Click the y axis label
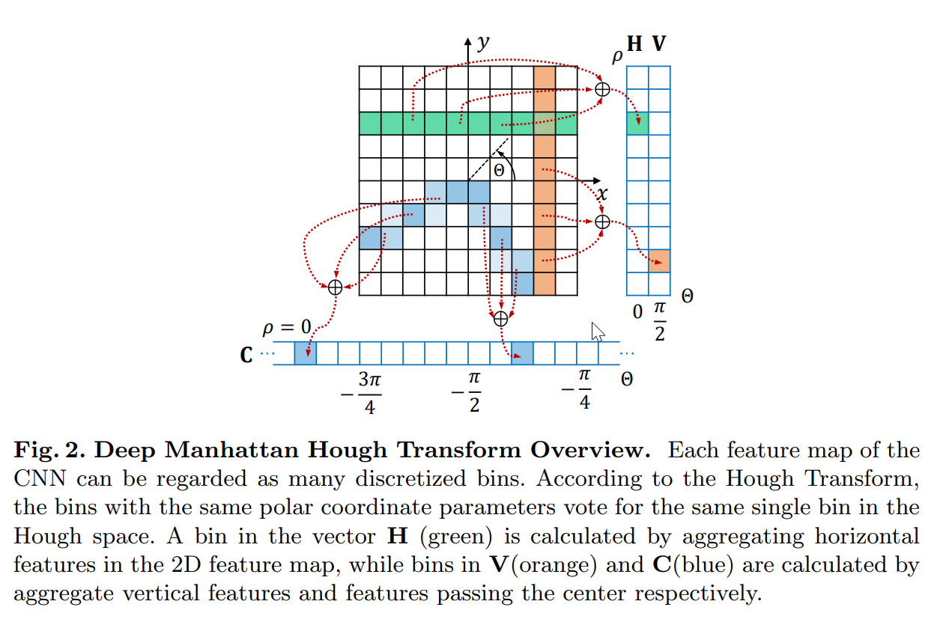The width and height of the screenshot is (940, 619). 483,43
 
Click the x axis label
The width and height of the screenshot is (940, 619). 601,194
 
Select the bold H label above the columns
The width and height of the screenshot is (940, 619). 635,44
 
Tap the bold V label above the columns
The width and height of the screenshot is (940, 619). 658,44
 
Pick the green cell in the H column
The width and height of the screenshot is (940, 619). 637,124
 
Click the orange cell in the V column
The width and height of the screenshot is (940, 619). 659,261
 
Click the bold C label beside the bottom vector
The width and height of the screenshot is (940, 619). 246,354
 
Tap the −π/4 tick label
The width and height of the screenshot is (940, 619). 580,389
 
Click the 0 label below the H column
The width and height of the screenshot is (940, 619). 637,311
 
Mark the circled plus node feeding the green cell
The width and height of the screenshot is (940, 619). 602,90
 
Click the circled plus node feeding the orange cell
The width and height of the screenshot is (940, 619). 602,222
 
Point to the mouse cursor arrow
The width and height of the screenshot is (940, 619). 597,331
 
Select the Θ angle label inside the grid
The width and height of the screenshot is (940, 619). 499,170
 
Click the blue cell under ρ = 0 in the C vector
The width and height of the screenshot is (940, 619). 305,353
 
